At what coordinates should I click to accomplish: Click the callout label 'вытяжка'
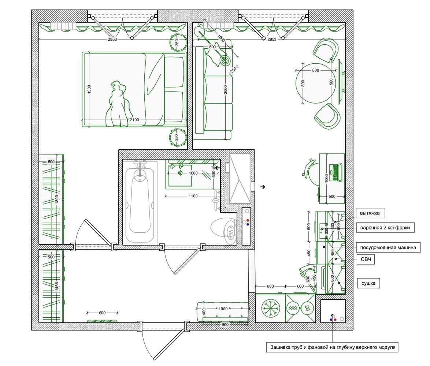coord(370,213)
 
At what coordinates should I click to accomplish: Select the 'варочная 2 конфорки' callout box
coord(385,228)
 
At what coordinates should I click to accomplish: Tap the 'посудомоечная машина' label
coord(388,248)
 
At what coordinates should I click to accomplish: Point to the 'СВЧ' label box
coord(366,259)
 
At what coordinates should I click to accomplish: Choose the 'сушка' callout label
coord(368,283)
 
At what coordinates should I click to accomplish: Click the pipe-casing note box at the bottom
coord(333,347)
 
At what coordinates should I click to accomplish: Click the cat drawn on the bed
coord(118,104)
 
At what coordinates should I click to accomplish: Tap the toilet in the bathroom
coord(223,230)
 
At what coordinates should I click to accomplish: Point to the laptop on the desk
coord(336,173)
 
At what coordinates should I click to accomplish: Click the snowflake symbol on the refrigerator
coord(271,308)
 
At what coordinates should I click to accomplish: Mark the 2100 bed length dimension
coord(134,120)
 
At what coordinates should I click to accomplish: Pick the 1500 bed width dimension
coord(89,89)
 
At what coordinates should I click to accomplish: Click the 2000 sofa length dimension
coord(225,90)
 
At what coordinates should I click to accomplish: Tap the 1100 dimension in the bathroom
coord(193,196)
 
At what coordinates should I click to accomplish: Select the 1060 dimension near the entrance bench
coord(223,309)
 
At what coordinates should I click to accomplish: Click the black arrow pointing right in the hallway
coord(263,187)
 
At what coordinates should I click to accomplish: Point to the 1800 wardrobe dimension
coord(57,199)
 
